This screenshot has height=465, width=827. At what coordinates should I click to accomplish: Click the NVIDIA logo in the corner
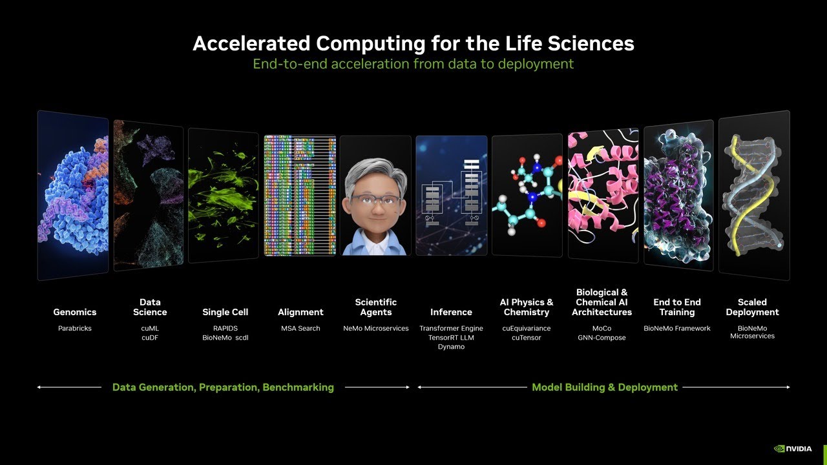tap(793, 449)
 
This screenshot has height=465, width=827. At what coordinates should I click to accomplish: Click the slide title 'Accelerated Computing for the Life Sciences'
tap(413, 43)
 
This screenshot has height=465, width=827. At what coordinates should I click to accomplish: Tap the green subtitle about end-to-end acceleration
tap(413, 64)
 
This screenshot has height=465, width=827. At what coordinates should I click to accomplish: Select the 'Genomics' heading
tap(75, 312)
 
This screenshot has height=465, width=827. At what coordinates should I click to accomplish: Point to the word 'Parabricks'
tap(75, 329)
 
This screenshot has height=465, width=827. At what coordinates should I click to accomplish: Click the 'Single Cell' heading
tap(225, 312)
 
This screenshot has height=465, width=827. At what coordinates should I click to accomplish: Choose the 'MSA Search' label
tap(300, 329)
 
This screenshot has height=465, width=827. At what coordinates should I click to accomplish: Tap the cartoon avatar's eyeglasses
tap(375, 200)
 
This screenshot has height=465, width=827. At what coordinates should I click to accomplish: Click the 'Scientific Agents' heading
tap(376, 307)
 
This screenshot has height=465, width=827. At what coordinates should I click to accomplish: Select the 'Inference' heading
tap(451, 312)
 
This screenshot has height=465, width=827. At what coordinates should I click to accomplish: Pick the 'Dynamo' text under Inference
tap(451, 347)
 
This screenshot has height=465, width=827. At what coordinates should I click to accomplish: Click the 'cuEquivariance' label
tap(527, 329)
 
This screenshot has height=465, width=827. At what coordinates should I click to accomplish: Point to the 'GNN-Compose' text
tap(602, 338)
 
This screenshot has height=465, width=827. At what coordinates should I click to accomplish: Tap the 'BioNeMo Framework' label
tap(677, 329)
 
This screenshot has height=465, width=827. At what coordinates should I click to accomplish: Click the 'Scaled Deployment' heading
tap(752, 307)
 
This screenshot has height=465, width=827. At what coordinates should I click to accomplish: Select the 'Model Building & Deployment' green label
tap(605, 387)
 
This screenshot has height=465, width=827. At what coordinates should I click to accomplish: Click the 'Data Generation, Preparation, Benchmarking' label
tap(223, 387)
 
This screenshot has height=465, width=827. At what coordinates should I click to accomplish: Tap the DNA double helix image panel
tap(754, 196)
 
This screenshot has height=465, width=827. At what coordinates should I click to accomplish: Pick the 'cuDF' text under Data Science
tap(150, 338)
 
